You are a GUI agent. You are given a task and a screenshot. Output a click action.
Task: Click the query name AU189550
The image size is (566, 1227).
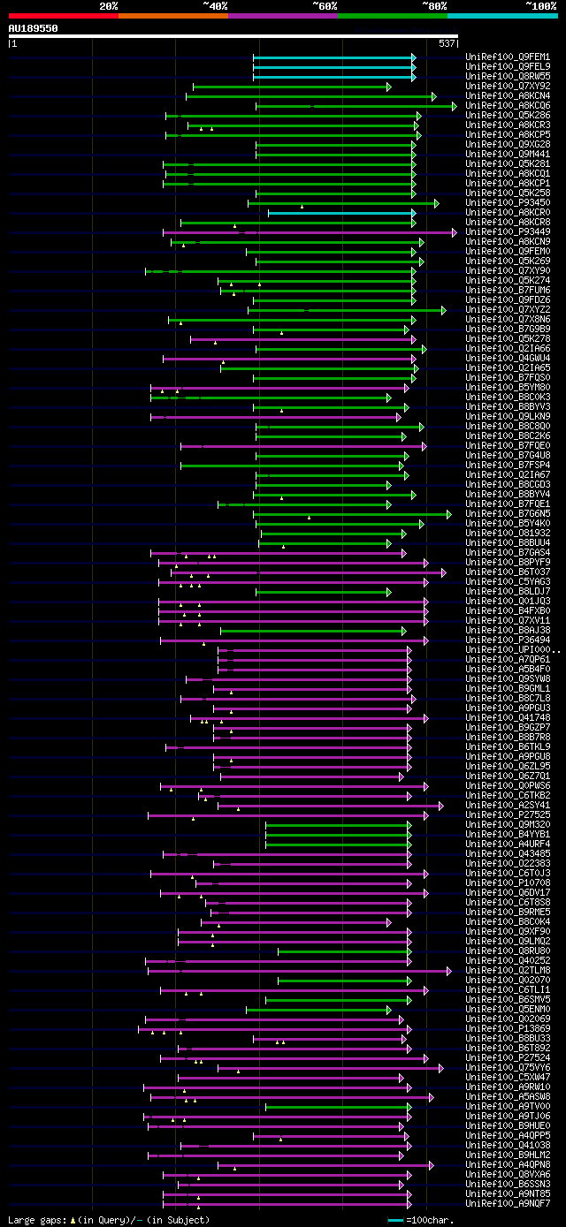pyautogui.click(x=34, y=28)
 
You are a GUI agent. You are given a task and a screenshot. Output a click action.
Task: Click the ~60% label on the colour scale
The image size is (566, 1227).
pyautogui.click(x=325, y=6)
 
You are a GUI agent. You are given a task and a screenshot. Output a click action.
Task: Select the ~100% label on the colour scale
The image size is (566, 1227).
pyautogui.click(x=540, y=6)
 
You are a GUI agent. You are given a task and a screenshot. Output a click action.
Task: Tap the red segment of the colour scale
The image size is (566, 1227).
pyautogui.click(x=63, y=15)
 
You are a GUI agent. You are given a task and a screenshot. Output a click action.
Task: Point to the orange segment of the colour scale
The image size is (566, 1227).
pyautogui.click(x=172, y=15)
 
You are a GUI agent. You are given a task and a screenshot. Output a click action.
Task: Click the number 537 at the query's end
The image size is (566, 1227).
pyautogui.click(x=447, y=42)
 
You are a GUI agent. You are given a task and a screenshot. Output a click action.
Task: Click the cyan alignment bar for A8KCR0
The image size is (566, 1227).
pyautogui.click(x=340, y=213)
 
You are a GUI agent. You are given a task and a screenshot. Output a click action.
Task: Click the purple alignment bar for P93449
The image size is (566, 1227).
pyautogui.click(x=310, y=232)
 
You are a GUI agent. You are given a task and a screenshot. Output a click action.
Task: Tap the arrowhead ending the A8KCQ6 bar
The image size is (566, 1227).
pyautogui.click(x=455, y=106)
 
